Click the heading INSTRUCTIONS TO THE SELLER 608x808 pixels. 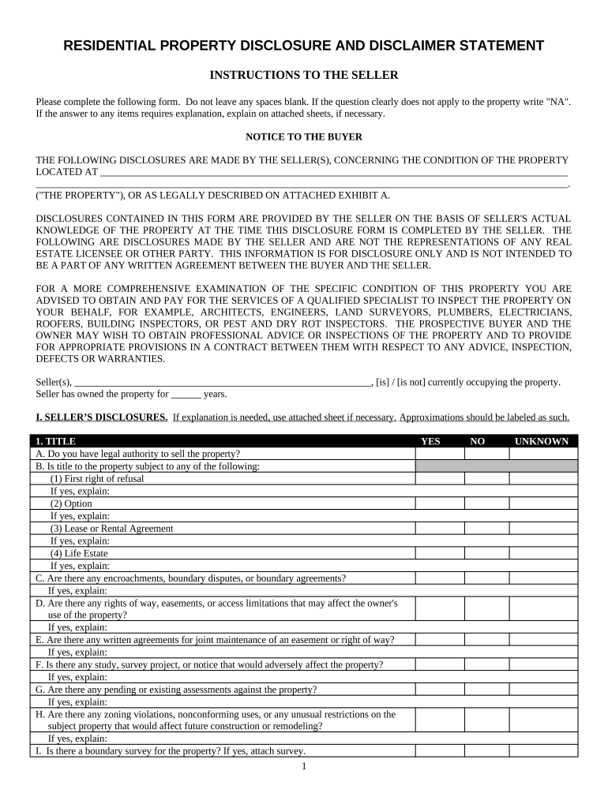tap(303, 75)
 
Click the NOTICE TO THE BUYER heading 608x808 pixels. tap(303, 137)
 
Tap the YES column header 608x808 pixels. tap(430, 441)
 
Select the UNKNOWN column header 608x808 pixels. tap(542, 441)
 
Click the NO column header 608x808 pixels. tap(477, 441)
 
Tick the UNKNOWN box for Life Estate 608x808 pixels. tap(543, 553)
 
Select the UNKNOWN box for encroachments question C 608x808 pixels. tap(543, 578)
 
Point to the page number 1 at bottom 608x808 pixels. tap(303, 766)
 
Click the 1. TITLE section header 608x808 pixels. tap(55, 441)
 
